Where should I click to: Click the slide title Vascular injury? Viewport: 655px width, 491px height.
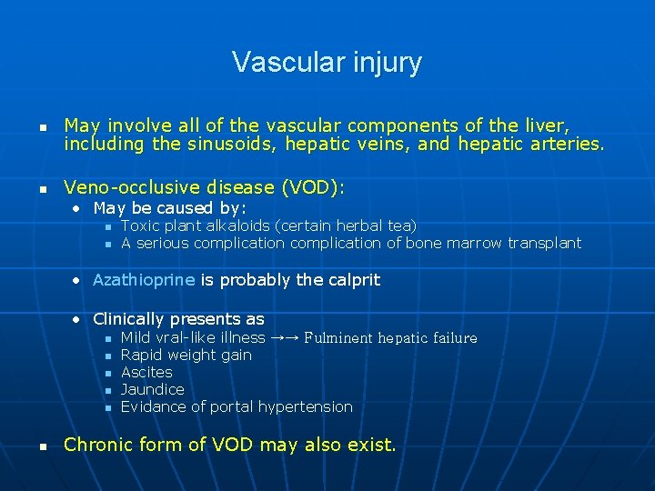[327, 62]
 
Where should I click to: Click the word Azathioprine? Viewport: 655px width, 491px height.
[144, 280]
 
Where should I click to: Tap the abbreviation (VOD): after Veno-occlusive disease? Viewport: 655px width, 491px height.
[313, 187]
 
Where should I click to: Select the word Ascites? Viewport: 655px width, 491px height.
[146, 372]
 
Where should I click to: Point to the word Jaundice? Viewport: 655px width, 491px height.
[152, 389]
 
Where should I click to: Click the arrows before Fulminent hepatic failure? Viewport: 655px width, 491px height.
[284, 337]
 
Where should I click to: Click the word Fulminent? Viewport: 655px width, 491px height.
[338, 338]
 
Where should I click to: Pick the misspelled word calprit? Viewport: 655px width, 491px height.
[351, 280]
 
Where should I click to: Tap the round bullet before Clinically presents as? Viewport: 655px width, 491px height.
[79, 319]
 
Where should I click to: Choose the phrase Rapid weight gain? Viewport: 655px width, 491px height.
[186, 355]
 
